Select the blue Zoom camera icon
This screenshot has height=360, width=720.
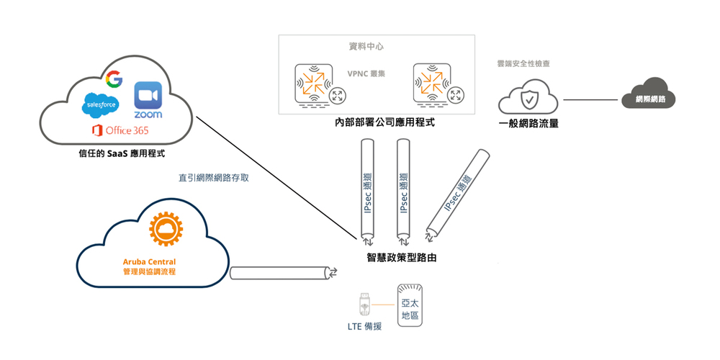pyautogui.click(x=148, y=94)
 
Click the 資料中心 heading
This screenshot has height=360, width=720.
pyautogui.click(x=366, y=47)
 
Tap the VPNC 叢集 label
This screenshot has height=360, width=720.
pyautogui.click(x=366, y=73)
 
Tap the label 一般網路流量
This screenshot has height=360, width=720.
pyautogui.click(x=529, y=123)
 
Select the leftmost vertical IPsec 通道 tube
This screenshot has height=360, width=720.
pyautogui.click(x=368, y=191)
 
